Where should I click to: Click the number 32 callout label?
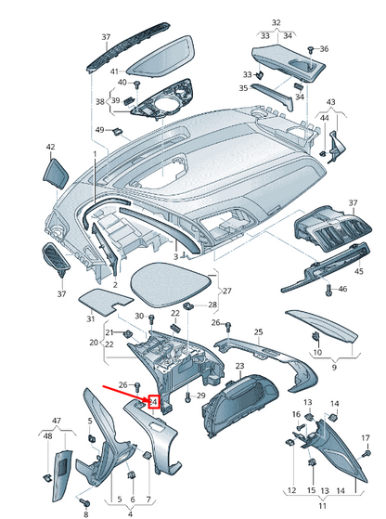click(276, 21)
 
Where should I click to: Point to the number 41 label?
click(114, 71)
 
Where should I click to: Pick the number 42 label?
click(51, 148)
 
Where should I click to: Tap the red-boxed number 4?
click(155, 402)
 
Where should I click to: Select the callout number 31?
click(91, 319)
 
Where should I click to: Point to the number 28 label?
click(212, 305)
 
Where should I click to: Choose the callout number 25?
click(259, 331)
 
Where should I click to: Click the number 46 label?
click(342, 290)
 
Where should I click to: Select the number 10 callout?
click(318, 353)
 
